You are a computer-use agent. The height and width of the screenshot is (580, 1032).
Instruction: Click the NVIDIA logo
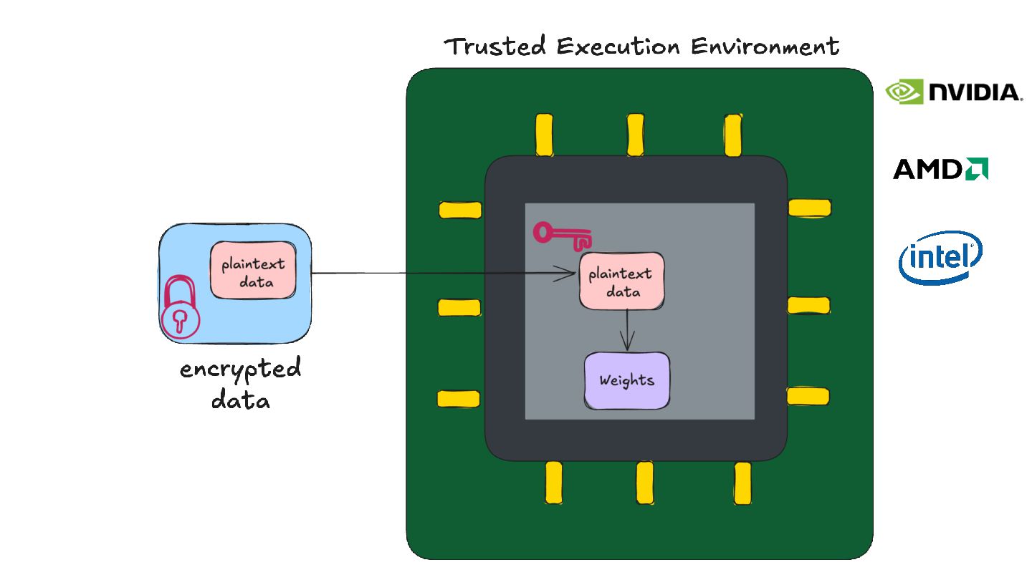[953, 92]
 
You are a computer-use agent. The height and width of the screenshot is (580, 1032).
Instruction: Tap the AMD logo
[940, 169]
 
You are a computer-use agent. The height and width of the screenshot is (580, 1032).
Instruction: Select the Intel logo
[940, 257]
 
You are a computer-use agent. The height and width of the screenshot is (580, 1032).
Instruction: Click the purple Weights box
[627, 380]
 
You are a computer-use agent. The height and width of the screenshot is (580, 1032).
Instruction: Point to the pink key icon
[563, 236]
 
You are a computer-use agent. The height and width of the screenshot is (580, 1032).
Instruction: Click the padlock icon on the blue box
[180, 309]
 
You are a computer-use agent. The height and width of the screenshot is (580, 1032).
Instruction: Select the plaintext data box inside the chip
[621, 281]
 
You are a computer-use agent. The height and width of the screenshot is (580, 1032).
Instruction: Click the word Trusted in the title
[495, 47]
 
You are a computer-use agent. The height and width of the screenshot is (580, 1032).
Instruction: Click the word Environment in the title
[765, 47]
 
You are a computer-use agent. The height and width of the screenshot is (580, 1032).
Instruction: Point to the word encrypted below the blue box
[241, 371]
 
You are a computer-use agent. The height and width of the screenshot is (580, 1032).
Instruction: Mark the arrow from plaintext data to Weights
[628, 329]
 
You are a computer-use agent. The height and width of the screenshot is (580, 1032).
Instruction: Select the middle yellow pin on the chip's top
[636, 135]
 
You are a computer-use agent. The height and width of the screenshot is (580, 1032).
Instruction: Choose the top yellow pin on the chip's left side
[459, 210]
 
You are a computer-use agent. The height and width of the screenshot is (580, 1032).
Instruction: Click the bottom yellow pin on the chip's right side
[808, 396]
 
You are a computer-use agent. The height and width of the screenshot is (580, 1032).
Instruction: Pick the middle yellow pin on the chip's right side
[808, 306]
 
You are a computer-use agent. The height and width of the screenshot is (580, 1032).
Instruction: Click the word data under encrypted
[241, 400]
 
